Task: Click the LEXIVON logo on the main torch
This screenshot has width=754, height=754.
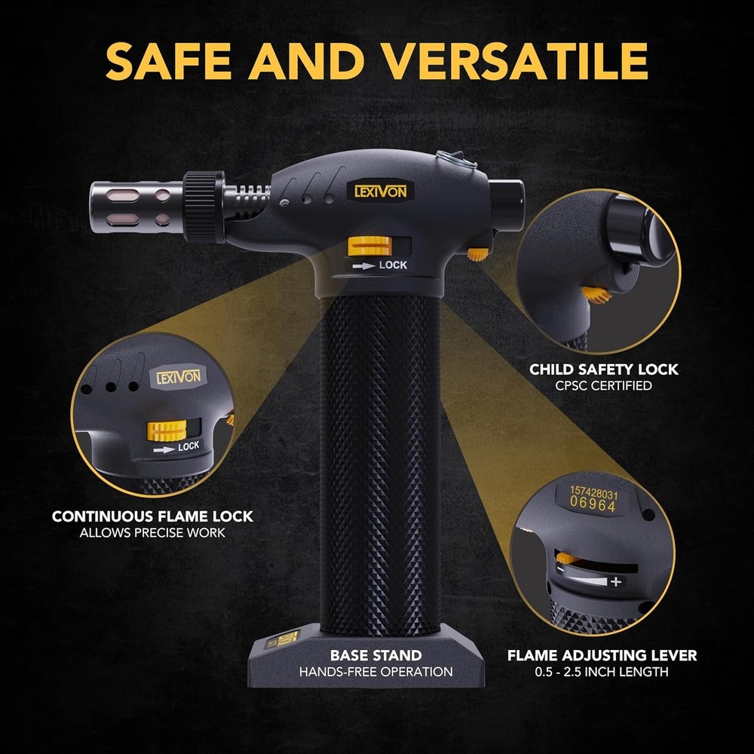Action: [380, 192]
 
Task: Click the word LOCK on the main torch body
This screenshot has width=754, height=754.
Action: [393, 265]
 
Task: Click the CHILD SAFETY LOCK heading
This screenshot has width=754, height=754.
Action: [603, 369]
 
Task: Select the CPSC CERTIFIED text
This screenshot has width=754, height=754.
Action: [603, 386]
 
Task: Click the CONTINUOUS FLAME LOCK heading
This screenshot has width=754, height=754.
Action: [152, 517]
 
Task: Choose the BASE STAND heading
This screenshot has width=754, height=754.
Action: [375, 655]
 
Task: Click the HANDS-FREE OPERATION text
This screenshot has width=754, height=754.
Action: [375, 672]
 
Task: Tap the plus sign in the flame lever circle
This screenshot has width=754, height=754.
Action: [616, 581]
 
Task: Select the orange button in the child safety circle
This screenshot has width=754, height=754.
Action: [596, 295]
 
